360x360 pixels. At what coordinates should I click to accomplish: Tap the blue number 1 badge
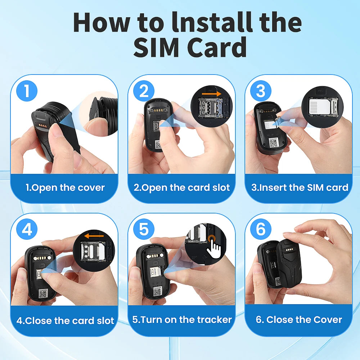(27, 91)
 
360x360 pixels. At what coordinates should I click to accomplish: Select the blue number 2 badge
(144, 91)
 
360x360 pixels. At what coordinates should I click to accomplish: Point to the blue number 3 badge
(261, 91)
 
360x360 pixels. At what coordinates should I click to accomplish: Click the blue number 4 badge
(27, 229)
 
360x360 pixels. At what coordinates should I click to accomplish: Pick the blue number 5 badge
(144, 229)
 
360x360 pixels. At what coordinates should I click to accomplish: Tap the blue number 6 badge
(261, 229)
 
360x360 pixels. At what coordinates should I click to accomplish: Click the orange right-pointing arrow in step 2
(212, 94)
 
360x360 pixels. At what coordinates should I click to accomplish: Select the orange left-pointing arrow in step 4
(94, 236)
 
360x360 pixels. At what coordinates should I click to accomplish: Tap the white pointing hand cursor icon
(214, 249)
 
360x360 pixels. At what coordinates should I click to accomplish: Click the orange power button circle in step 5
(212, 239)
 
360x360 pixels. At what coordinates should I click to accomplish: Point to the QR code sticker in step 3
(274, 142)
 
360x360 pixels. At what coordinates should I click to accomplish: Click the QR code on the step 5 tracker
(157, 292)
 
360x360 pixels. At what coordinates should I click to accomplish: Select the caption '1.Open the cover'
(65, 188)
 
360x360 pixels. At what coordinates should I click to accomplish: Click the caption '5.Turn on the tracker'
(182, 320)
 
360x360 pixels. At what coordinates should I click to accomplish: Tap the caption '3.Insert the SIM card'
(300, 188)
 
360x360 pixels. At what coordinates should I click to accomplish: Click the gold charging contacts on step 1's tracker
(43, 125)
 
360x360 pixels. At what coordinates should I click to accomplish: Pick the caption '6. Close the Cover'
(299, 320)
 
